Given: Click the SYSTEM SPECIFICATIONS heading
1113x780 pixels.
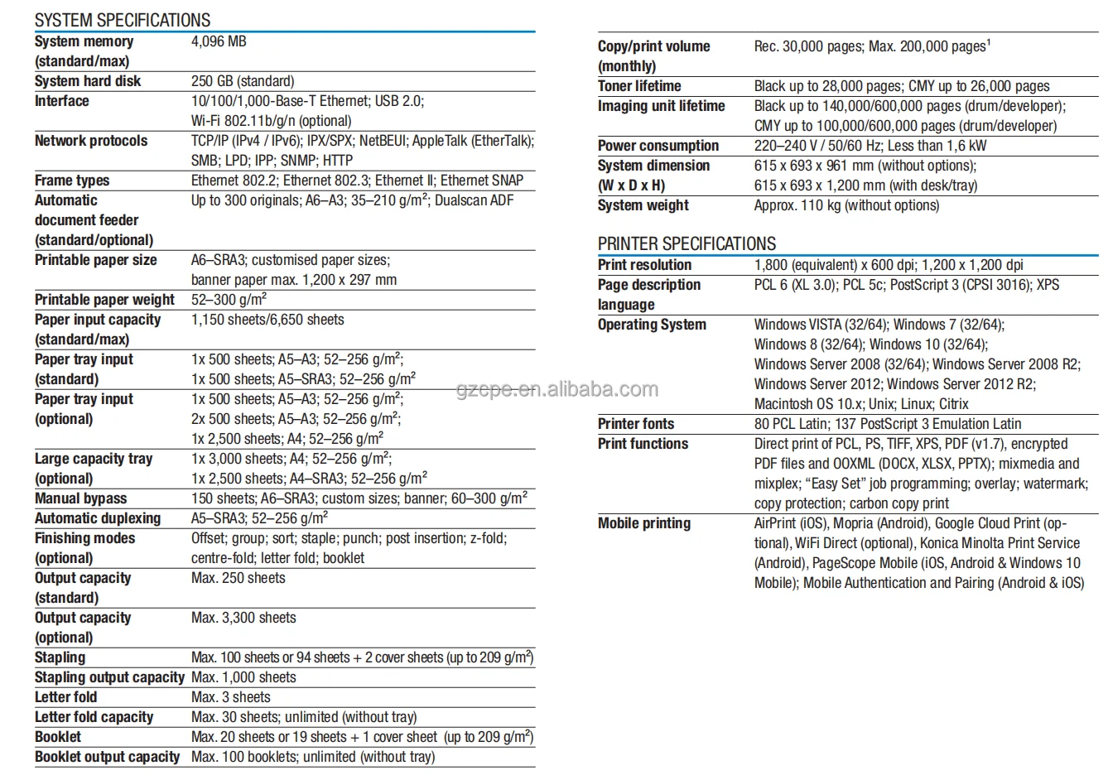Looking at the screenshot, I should (123, 20).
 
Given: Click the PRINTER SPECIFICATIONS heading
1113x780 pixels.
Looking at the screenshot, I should (687, 244).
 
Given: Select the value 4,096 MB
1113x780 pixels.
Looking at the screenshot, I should (219, 41).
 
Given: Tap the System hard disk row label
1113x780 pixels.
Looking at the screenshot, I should (88, 81).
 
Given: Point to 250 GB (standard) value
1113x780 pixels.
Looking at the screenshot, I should (243, 81).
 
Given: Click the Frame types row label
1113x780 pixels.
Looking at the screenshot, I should (72, 181).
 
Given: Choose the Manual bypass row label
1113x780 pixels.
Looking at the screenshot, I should (80, 498).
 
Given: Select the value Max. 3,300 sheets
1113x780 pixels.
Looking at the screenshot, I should (243, 618).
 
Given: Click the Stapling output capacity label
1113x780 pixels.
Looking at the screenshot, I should (109, 677).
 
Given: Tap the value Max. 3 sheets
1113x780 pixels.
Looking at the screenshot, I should (231, 697).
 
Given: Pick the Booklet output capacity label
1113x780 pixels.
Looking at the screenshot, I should (107, 757).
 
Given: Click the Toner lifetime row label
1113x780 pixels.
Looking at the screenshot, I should (639, 86).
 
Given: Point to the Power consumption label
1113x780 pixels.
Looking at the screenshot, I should (658, 146).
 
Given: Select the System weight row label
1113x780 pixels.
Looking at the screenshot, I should (643, 205).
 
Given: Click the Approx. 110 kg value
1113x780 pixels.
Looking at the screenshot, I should (846, 205).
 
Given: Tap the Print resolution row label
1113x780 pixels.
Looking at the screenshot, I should (644, 265).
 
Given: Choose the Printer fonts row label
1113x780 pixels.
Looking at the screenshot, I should (636, 424).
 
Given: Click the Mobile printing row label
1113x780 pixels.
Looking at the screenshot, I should (643, 523).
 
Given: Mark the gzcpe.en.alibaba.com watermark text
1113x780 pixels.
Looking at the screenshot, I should (557, 389).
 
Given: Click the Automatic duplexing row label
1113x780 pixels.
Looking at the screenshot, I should (98, 518).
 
